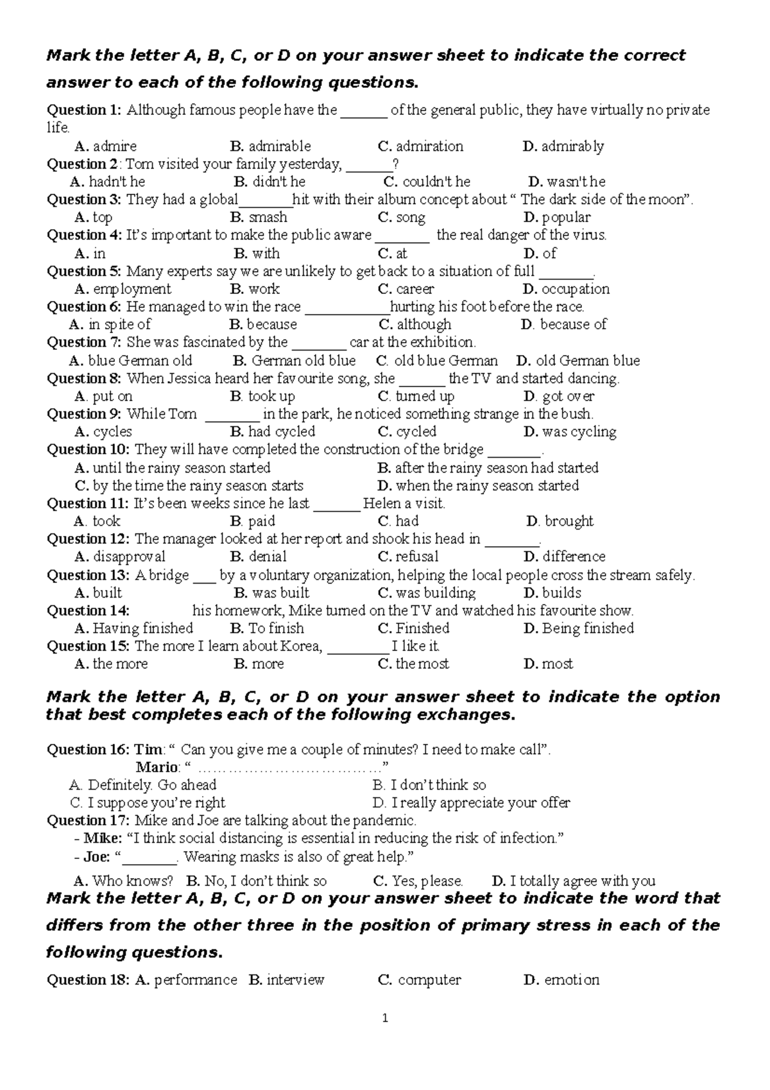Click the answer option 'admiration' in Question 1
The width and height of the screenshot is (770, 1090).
click(429, 146)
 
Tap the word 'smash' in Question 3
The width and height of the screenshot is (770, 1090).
click(268, 217)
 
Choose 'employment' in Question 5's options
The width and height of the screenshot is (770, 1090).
click(132, 289)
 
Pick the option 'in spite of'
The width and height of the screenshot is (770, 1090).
click(119, 324)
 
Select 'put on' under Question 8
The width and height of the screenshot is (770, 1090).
click(112, 396)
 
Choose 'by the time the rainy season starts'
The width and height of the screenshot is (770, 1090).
click(198, 485)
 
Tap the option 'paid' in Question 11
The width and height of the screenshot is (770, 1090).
click(261, 521)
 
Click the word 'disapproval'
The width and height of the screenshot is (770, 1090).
click(129, 557)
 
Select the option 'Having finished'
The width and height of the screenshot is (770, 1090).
click(142, 628)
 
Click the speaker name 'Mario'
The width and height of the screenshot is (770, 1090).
click(157, 767)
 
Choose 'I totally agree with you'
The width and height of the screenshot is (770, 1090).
click(583, 881)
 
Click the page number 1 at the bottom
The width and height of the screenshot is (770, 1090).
click(385, 1018)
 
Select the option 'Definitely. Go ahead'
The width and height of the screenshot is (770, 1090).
click(151, 784)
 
